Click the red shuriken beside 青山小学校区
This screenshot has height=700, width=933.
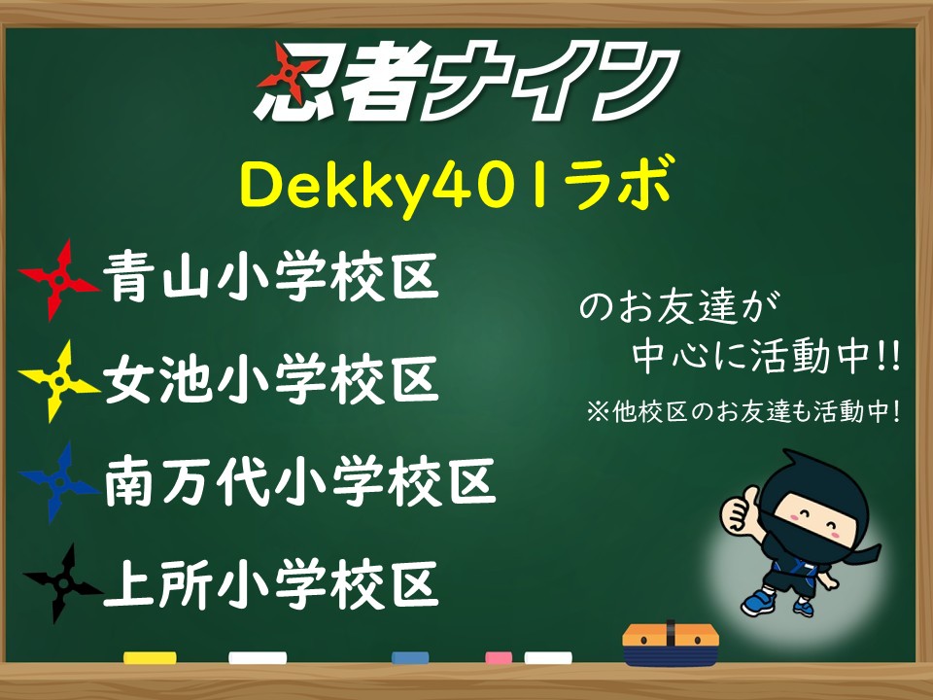click(58, 279)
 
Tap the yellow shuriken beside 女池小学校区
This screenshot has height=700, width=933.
click(58, 381)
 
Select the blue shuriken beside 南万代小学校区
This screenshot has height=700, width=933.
click(58, 481)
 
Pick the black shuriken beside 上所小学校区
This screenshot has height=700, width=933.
click(62, 583)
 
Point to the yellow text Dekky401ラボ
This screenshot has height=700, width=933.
click(456, 185)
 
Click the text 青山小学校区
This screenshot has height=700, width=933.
click(271, 277)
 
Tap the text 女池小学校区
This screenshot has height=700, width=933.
click(271, 378)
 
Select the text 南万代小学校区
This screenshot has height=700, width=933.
click(300, 481)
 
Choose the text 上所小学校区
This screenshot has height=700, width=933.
click(271, 583)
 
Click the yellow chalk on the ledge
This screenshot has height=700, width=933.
click(150, 657)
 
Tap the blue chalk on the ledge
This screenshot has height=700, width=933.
click(410, 657)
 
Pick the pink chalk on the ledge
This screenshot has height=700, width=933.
click(499, 657)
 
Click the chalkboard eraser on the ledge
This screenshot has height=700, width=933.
click(671, 645)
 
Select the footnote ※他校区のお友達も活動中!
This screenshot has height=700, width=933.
click(743, 410)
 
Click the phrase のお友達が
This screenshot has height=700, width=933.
click(679, 307)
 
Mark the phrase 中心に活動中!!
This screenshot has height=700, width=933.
click(767, 357)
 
